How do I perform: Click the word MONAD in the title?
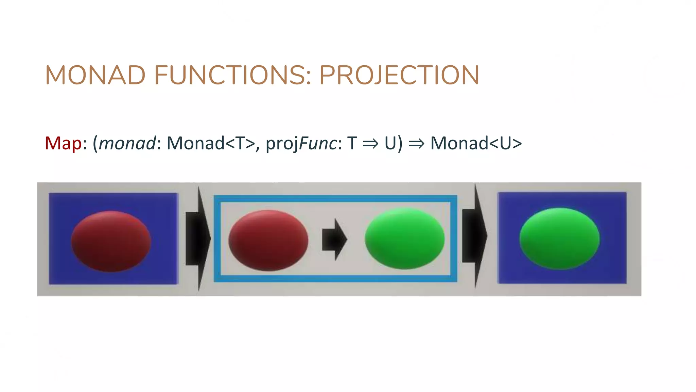pyautogui.click(x=95, y=75)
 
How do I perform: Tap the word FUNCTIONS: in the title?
pyautogui.click(x=232, y=75)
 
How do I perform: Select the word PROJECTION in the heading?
pyautogui.click(x=399, y=75)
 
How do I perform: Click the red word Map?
pyautogui.click(x=63, y=143)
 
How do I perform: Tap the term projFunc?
pyautogui.click(x=301, y=143)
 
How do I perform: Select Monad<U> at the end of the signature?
pyautogui.click(x=476, y=143)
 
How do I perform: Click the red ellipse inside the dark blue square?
pyautogui.click(x=111, y=241)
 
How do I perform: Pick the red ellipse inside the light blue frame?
pyautogui.click(x=268, y=240)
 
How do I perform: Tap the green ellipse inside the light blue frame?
pyautogui.click(x=404, y=239)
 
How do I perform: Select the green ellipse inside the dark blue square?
pyautogui.click(x=559, y=239)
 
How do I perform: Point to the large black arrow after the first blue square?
pyautogui.click(x=198, y=238)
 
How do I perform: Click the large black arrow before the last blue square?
pyautogui.click(x=475, y=236)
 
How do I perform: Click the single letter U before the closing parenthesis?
pyautogui.click(x=390, y=143)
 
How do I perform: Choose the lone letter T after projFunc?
pyautogui.click(x=352, y=143)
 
